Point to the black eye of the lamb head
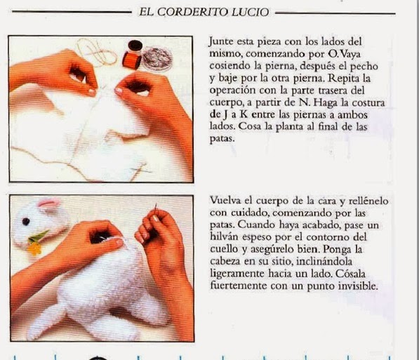(26, 222)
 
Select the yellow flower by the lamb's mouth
(34, 248)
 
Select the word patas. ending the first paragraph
(222, 139)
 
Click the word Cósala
(350, 274)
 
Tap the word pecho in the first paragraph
(364, 67)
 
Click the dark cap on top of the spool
(135, 46)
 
